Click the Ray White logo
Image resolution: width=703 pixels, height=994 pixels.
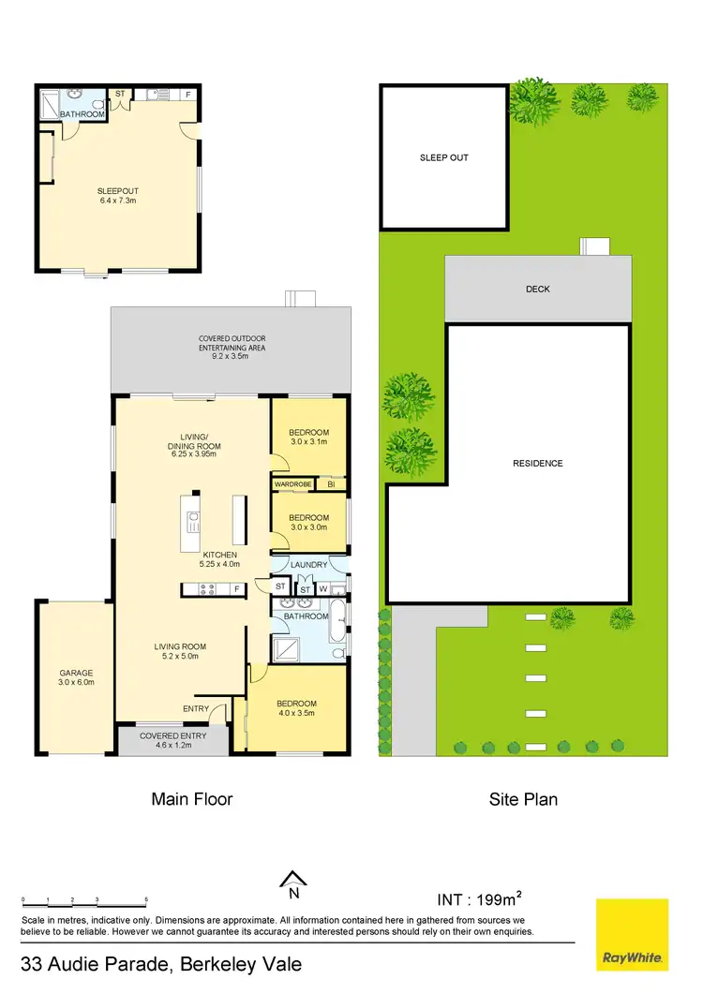[633, 934]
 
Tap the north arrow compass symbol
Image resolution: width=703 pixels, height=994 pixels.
[293, 879]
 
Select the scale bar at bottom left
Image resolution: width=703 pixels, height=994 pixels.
[84, 902]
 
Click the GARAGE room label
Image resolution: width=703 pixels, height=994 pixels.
[75, 678]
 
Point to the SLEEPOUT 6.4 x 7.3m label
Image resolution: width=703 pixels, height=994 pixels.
[118, 195]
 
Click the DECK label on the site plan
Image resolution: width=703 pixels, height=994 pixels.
[537, 289]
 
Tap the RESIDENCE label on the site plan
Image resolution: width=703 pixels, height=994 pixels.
[537, 463]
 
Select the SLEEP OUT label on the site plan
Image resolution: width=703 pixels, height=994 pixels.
[443, 157]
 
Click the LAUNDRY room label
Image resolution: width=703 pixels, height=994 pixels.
[308, 565]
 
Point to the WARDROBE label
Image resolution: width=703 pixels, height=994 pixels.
[292, 483]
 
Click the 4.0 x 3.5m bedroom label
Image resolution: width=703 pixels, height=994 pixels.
[295, 708]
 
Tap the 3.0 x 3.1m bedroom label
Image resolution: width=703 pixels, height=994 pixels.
[308, 438]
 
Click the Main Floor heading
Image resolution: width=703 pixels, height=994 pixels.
[191, 799]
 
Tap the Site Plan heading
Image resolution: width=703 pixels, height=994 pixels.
[523, 799]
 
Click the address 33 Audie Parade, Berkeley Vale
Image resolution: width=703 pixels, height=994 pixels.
[161, 964]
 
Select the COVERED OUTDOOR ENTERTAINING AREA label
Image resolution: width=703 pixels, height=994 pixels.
[232, 343]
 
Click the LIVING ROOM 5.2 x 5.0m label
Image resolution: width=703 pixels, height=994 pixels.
[181, 652]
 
